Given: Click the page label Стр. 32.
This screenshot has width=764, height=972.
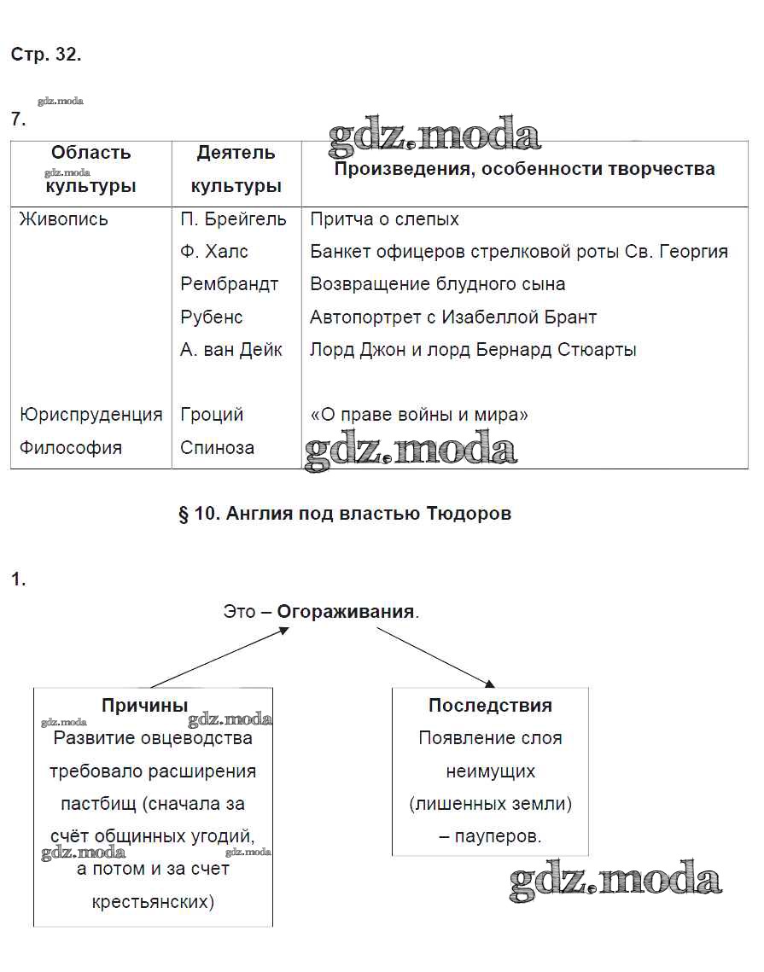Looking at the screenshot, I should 46,55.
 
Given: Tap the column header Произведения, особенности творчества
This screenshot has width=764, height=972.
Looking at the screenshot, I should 524,169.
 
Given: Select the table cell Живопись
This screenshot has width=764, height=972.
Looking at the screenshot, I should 64,219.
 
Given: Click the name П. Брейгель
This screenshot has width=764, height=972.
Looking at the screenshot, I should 233,219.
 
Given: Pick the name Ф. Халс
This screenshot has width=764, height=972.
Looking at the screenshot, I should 214,252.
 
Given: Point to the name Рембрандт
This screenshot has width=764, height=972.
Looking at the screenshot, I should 230,284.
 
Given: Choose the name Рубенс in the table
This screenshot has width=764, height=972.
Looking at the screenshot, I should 212,317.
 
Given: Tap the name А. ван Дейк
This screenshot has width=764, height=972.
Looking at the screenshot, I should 231,349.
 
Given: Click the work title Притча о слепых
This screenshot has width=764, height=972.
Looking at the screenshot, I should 384,219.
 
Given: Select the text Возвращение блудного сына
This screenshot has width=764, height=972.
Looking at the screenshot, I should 437,284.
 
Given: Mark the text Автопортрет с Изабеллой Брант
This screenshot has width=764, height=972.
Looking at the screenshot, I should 453,317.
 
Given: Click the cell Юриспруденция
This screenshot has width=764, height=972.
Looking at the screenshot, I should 91,415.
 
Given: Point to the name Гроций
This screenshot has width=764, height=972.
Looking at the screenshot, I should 212,415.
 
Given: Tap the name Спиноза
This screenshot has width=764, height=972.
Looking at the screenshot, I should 217,447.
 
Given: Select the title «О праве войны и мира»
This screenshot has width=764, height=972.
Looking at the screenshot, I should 419,415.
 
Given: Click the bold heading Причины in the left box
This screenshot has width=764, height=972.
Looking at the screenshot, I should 145,706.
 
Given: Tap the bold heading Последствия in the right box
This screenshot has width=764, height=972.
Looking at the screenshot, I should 490,706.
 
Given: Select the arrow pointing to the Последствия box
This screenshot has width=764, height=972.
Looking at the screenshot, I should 435,657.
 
